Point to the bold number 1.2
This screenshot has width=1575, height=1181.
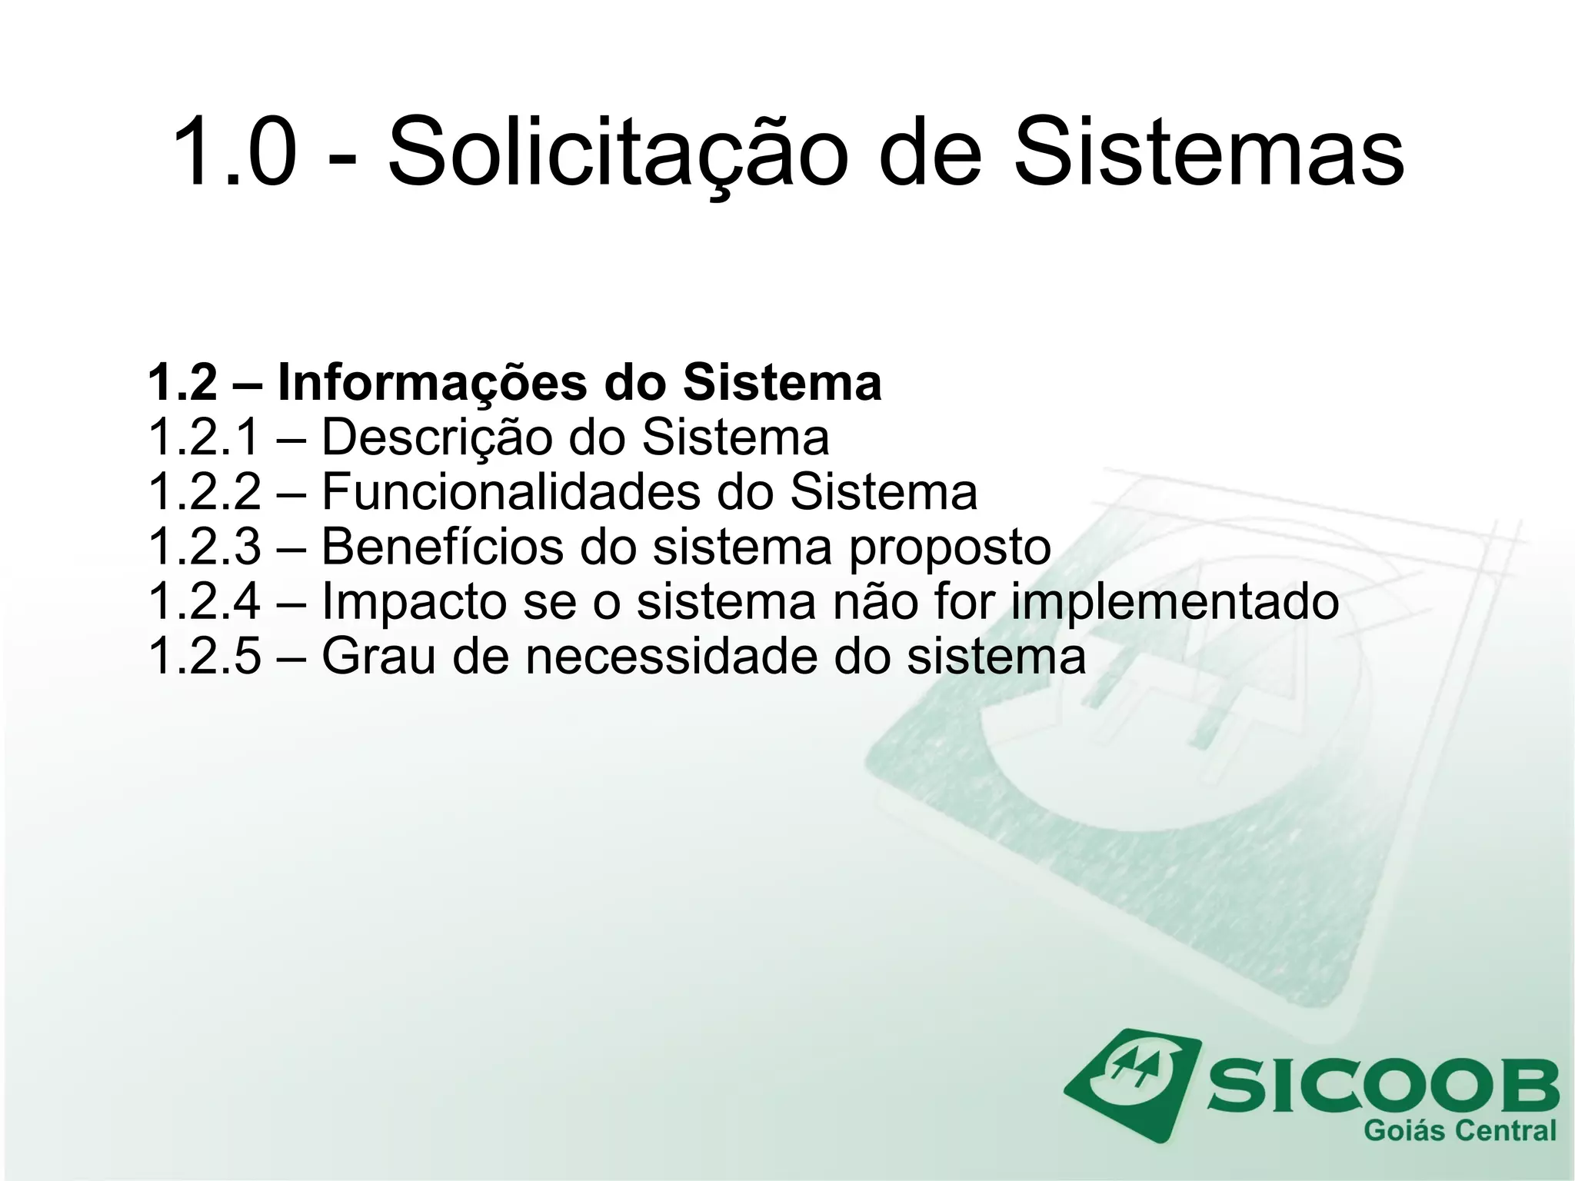pyautogui.click(x=182, y=382)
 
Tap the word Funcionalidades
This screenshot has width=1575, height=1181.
pyautogui.click(x=511, y=492)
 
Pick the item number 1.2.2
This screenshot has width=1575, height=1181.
pyautogui.click(x=204, y=492)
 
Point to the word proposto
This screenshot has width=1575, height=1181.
pyautogui.click(x=949, y=548)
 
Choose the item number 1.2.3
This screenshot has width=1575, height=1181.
pyautogui.click(x=204, y=547)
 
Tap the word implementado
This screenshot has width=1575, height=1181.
pyautogui.click(x=1174, y=603)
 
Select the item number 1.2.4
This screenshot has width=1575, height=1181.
pyautogui.click(x=204, y=601)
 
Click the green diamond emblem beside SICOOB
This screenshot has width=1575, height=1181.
pyautogui.click(x=1133, y=1083)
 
